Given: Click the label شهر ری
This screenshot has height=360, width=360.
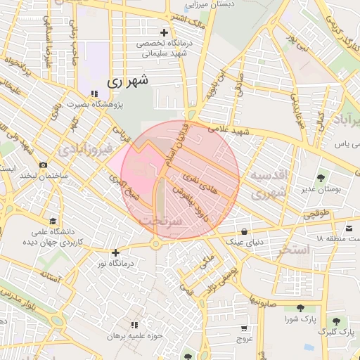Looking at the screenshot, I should (129, 82).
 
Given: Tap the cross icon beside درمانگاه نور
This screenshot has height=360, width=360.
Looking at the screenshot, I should (115, 252).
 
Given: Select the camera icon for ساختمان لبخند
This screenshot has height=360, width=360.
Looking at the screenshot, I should (44, 165).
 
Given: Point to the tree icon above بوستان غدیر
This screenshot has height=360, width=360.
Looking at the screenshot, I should (321, 178).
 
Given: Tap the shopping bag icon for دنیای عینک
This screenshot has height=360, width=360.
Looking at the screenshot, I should (244, 231).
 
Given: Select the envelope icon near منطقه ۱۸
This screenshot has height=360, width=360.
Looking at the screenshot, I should (349, 229).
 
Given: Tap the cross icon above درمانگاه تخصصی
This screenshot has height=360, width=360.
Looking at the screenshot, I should (165, 32).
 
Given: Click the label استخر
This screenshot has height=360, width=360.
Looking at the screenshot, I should (294, 250).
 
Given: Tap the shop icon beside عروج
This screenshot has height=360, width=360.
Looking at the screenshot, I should (243, 328).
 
